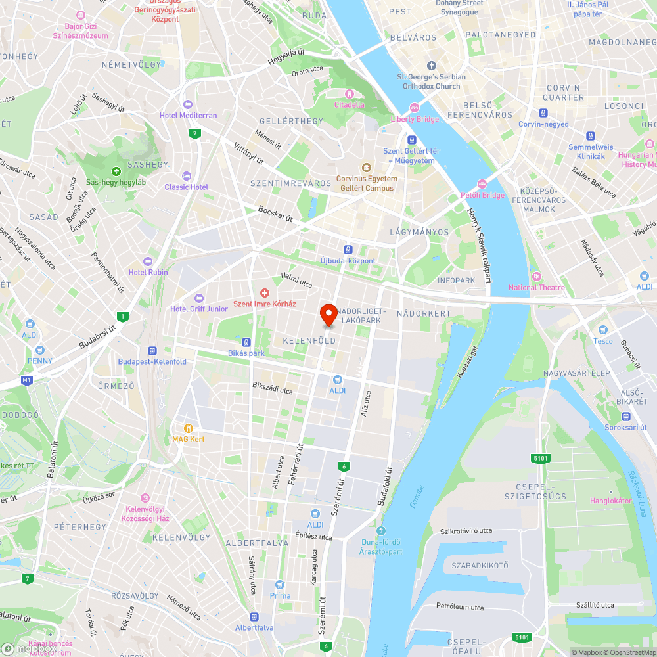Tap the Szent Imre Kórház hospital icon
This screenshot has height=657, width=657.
265,292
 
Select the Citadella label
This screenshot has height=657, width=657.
349,104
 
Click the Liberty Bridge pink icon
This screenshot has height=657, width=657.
415,108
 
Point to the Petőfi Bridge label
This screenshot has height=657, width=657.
482,195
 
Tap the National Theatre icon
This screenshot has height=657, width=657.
536,277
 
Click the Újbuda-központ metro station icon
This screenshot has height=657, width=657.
348,250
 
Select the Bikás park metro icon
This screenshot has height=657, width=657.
246,342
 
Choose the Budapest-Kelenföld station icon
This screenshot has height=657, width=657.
152,351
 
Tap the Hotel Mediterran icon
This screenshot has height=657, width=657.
188,104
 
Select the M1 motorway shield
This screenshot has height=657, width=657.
26,380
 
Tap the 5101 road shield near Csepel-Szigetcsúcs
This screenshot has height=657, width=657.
539,457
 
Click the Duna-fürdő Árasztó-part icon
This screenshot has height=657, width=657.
381,531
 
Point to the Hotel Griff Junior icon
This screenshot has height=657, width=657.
199,298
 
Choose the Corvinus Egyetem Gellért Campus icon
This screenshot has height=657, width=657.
367,167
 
